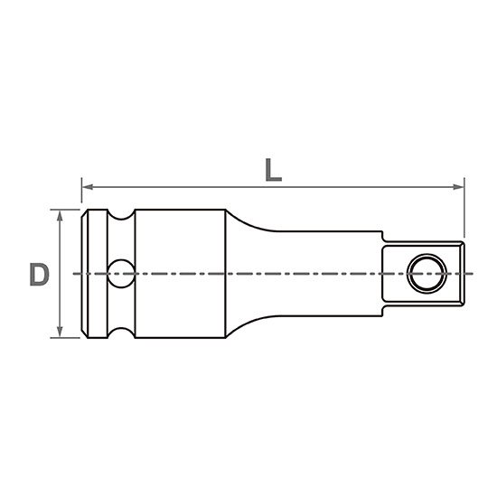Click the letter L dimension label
[x=274, y=170]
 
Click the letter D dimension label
[x=39, y=274]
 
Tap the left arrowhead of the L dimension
[x=88, y=187]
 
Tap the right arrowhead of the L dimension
[x=458, y=187]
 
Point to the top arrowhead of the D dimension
[x=60, y=216]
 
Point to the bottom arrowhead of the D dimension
[x=60, y=332]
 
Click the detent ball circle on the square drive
[x=427, y=274]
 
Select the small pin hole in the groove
[x=121, y=274]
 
